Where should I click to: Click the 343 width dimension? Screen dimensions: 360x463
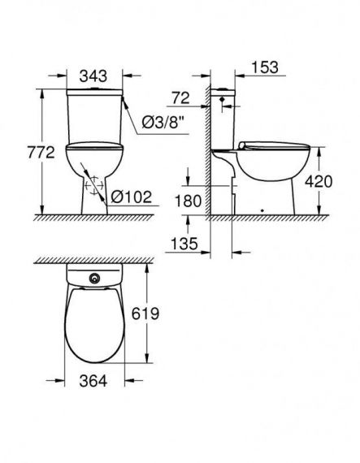point(93,76)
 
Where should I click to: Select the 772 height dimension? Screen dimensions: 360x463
point(41,153)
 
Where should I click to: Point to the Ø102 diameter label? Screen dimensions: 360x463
point(132,197)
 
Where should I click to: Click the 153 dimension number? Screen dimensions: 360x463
point(265,67)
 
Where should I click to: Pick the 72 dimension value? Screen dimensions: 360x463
point(180,98)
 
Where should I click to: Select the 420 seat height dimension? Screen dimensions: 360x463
point(319,181)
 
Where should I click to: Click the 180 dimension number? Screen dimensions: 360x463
point(188,201)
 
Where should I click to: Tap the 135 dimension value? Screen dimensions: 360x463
point(184,244)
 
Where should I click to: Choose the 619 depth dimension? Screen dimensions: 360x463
point(145,314)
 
